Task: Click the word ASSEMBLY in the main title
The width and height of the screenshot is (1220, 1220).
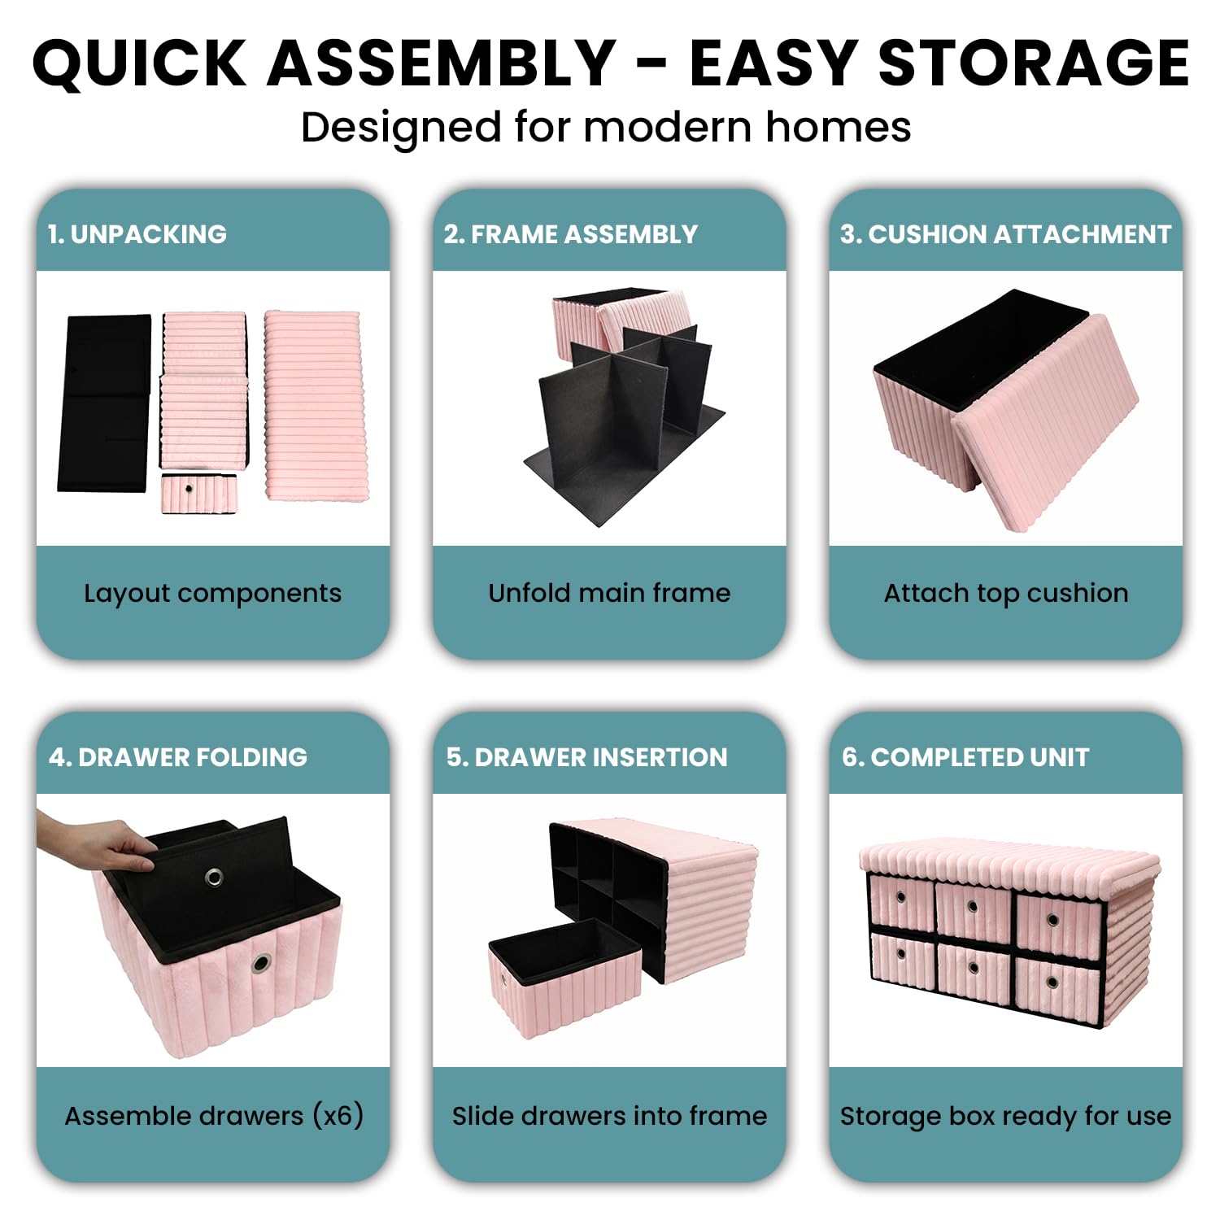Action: pyautogui.click(x=442, y=63)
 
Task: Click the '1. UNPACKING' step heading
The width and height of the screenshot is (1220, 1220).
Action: pyautogui.click(x=137, y=234)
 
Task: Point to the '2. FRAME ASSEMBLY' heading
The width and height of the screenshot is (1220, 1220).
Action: pyautogui.click(x=570, y=234)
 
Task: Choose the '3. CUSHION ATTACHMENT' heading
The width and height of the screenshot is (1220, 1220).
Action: pyautogui.click(x=1005, y=234)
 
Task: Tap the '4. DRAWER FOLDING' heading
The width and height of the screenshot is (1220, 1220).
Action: pyautogui.click(x=178, y=757)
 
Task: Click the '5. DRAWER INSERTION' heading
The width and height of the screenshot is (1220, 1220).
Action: pyautogui.click(x=586, y=757)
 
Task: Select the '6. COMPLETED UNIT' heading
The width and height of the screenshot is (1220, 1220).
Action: pyautogui.click(x=965, y=757)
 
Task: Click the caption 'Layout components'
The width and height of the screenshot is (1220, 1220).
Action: pyautogui.click(x=212, y=594)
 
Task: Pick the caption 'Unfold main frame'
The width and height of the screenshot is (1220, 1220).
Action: pyautogui.click(x=609, y=592)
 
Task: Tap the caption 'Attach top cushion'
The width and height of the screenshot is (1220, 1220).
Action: pyautogui.click(x=1006, y=594)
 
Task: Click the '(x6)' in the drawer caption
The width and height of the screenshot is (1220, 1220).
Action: pyautogui.click(x=338, y=1115)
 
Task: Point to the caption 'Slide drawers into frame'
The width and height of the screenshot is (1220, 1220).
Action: pyautogui.click(x=609, y=1115)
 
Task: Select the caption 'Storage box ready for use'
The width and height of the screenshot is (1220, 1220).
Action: pyautogui.click(x=1006, y=1117)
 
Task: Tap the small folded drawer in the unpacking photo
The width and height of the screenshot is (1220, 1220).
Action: pyautogui.click(x=199, y=494)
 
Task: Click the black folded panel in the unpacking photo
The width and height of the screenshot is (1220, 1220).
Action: pyautogui.click(x=104, y=403)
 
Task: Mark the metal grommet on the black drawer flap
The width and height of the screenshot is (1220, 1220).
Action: pyautogui.click(x=215, y=877)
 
